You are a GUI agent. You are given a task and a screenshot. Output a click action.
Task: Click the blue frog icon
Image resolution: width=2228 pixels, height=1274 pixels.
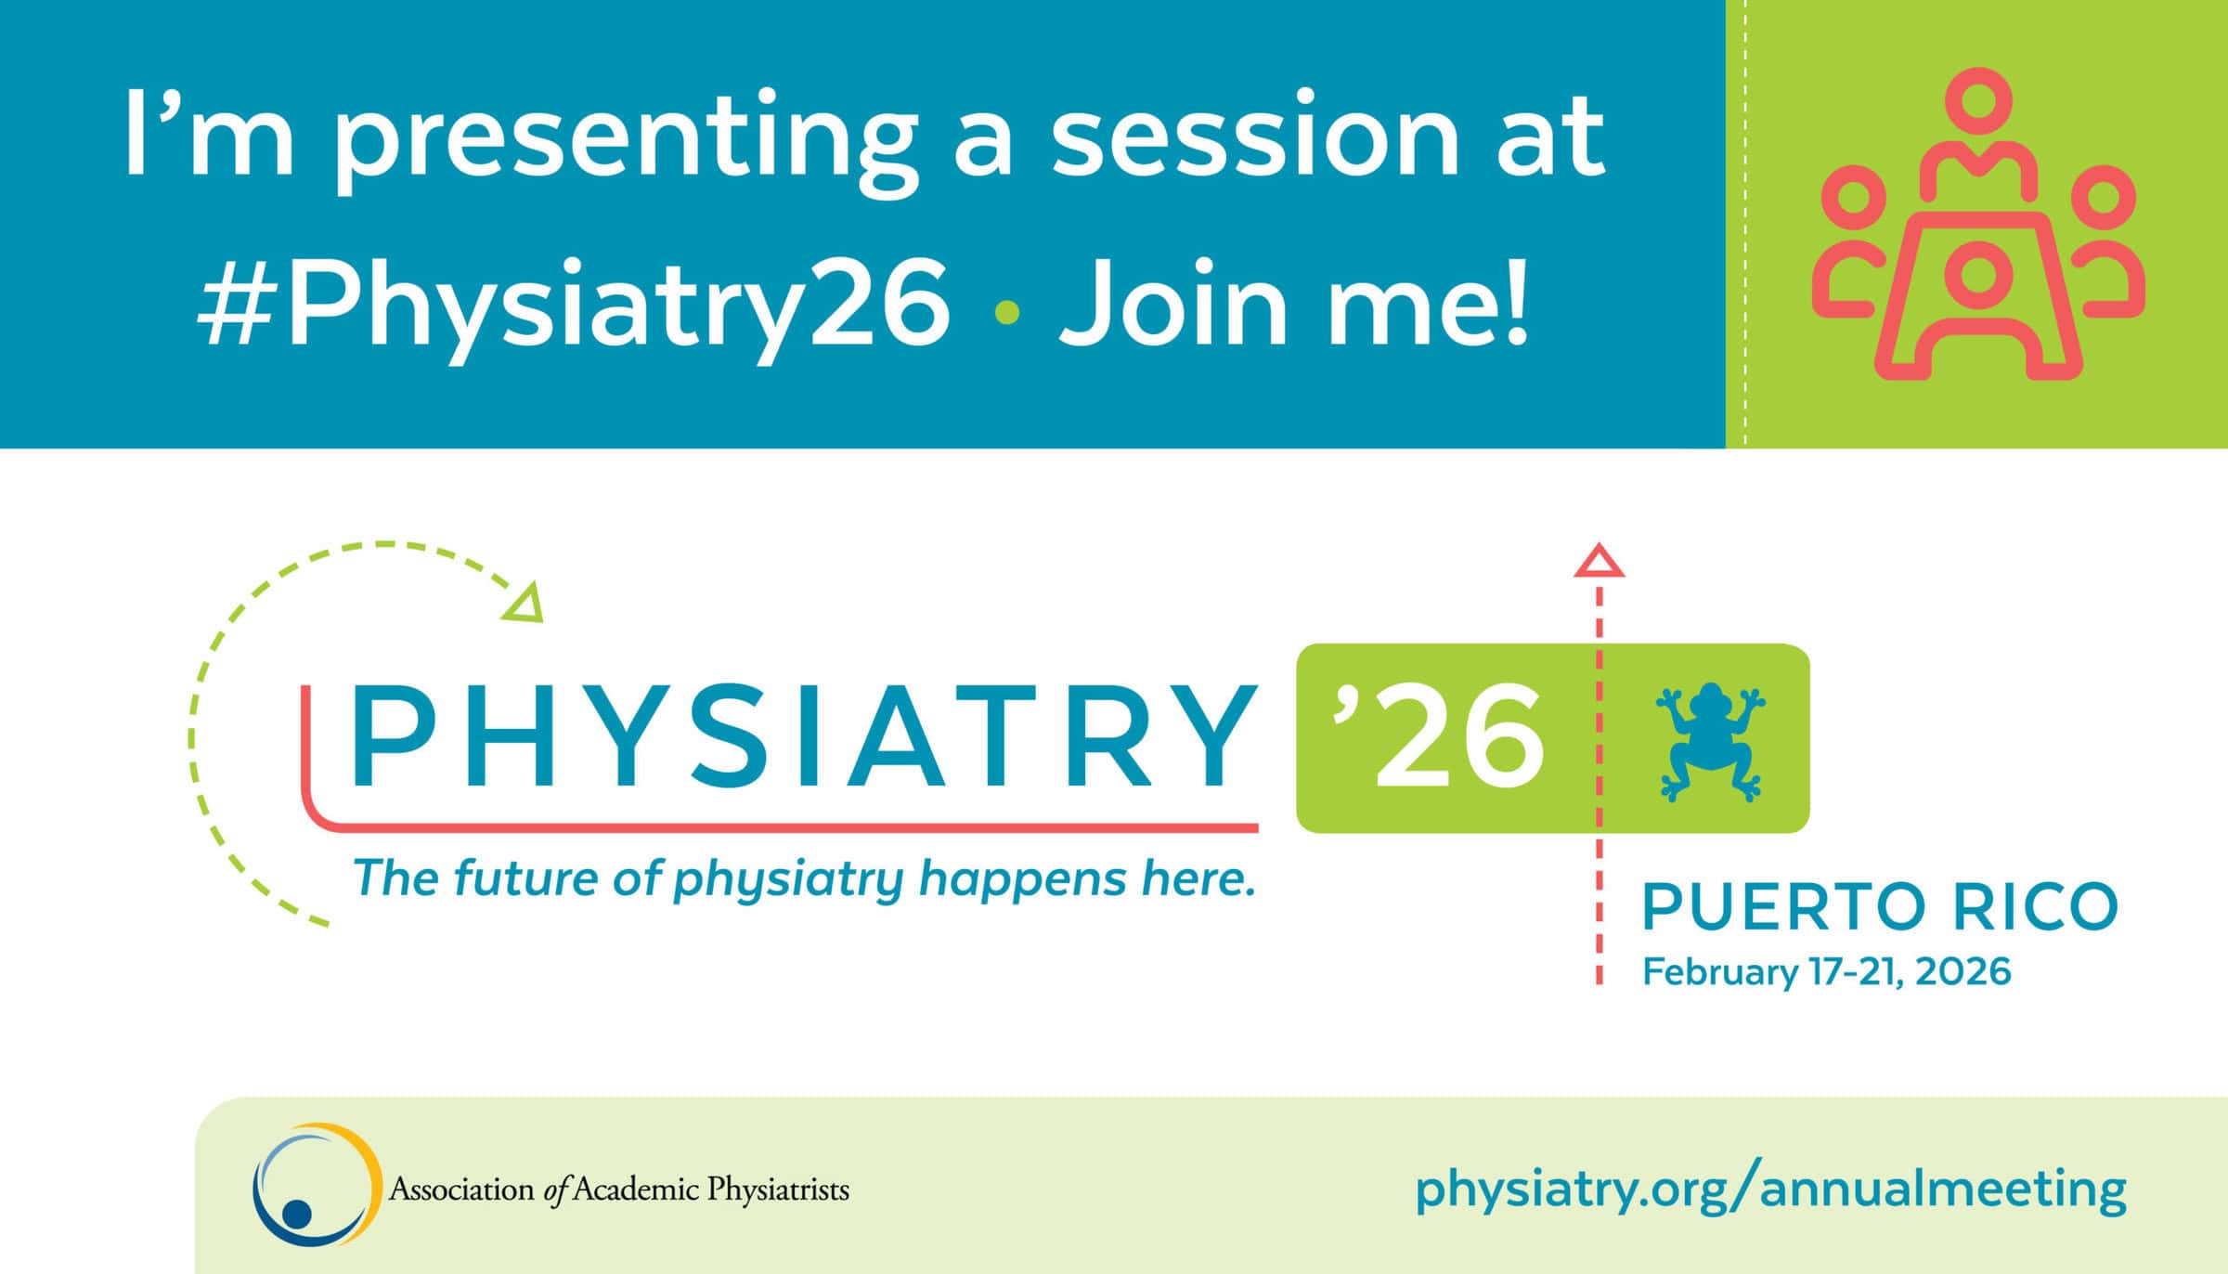tap(1710, 742)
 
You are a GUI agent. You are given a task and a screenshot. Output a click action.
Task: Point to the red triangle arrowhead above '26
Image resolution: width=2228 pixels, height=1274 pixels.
tap(1599, 561)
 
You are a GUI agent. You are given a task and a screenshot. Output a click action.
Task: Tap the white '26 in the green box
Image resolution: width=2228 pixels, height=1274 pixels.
tap(1438, 734)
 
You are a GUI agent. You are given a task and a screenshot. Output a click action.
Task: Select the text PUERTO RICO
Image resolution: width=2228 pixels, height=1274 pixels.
tap(1880, 906)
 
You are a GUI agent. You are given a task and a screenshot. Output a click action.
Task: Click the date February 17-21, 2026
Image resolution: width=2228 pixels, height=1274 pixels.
tap(1826, 971)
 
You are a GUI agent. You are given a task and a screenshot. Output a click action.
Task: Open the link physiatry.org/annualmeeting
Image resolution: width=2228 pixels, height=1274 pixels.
tap(1770, 1189)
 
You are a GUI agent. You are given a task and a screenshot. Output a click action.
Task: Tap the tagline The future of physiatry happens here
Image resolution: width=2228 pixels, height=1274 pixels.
tap(804, 878)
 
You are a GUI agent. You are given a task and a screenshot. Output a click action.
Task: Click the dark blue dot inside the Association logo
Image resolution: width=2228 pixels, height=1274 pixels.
tap(296, 1213)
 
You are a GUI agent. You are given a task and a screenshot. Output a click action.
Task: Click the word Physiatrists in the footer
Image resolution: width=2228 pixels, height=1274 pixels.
tap(778, 1189)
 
